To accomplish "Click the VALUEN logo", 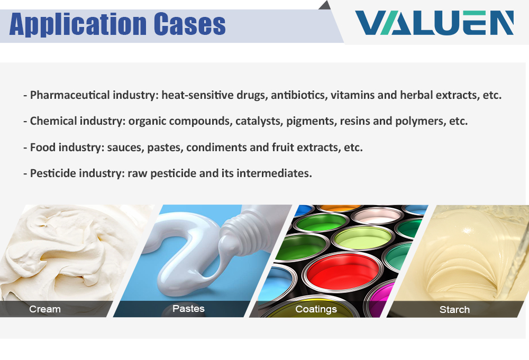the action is click(x=434, y=23).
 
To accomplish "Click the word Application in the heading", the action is click(x=78, y=24).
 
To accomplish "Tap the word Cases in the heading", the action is click(x=190, y=24).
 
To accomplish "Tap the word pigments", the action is click(x=312, y=122).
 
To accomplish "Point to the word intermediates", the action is click(x=274, y=173).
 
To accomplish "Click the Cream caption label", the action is click(x=45, y=309).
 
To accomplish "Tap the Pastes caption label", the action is click(x=189, y=308).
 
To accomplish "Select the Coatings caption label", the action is click(x=316, y=309).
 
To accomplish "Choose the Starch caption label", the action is click(x=454, y=309).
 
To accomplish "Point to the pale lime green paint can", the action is click(x=363, y=238).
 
